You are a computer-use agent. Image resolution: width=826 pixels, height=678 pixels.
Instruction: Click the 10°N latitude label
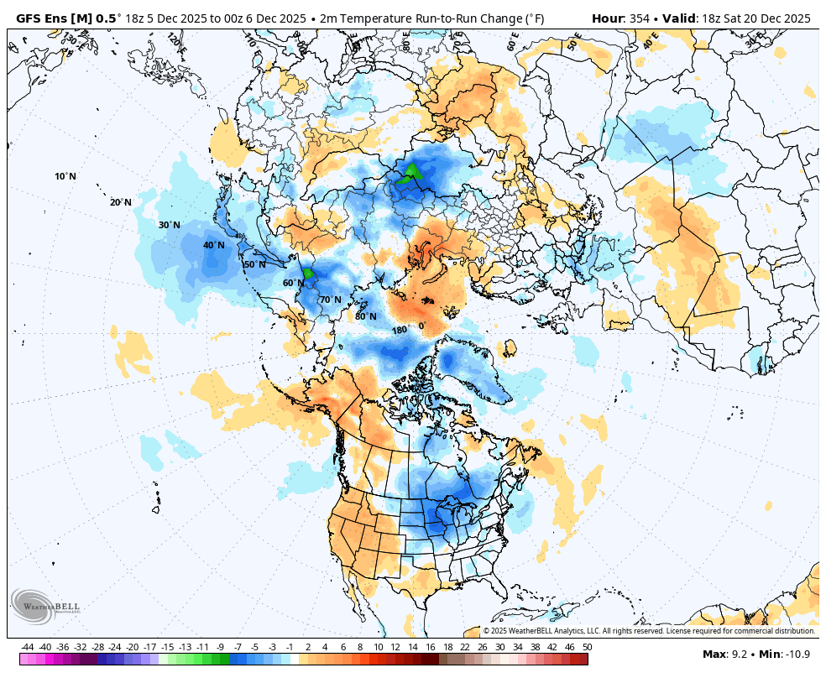[65, 176]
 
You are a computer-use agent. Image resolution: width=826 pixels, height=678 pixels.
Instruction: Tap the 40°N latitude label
[214, 245]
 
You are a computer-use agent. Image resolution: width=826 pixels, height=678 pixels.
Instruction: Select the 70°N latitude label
[330, 300]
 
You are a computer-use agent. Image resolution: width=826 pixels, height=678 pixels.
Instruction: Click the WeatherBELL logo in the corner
[46, 607]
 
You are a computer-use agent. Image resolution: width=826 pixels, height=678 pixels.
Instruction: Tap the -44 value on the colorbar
[28, 647]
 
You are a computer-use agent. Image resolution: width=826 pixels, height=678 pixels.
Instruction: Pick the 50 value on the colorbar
[587, 647]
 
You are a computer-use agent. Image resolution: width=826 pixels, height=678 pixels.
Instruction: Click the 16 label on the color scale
[430, 647]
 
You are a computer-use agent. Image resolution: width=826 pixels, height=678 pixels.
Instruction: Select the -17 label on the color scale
[150, 647]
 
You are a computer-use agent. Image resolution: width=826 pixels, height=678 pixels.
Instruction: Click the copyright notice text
[648, 631]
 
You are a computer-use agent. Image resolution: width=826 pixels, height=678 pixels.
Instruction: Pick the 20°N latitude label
[121, 202]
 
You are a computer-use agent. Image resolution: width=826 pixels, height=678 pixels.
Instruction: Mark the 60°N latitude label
[293, 283]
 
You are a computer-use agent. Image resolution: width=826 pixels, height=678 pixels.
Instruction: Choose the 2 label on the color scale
[308, 647]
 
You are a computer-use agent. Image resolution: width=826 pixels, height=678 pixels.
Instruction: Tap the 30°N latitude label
[170, 225]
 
